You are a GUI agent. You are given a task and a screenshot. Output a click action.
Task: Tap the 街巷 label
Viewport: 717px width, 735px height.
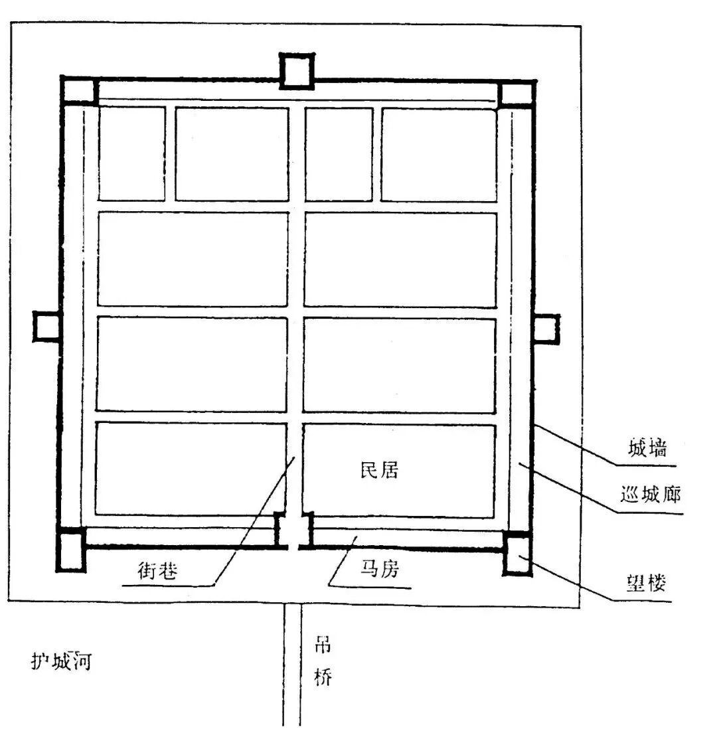157,570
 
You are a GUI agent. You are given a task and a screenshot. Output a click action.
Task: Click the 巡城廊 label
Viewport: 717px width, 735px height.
650,495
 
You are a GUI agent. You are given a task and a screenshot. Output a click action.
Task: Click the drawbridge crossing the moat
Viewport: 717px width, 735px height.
292,664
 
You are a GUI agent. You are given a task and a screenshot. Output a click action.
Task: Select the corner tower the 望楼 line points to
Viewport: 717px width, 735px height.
517,552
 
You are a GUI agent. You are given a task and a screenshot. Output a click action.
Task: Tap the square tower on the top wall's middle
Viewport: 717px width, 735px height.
296,71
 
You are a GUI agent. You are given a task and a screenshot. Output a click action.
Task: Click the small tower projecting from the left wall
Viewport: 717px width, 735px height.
46,327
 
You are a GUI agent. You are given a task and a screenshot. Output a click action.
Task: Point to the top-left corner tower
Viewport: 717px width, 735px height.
79,92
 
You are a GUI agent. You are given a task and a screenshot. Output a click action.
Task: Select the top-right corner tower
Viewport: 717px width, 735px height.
517,93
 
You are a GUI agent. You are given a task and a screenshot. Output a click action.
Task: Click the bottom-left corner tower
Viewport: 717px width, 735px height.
71,549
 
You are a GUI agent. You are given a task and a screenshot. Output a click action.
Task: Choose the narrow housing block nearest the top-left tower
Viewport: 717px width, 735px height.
131,153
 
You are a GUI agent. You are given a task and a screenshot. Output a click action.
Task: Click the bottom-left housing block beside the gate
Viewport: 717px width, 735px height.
191,468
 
